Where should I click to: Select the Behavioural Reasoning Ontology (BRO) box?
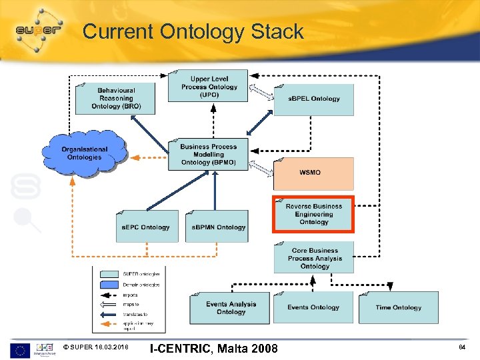(x=115, y=99)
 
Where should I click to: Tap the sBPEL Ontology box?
(x=313, y=99)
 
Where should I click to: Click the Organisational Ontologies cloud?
(x=84, y=153)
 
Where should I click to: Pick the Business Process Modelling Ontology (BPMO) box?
(x=208, y=155)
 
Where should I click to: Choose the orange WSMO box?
(x=313, y=173)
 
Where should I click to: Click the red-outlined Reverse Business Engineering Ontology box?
(x=313, y=214)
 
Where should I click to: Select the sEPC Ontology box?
(x=147, y=227)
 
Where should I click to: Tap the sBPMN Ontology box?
(x=217, y=227)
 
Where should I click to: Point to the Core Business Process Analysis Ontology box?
(x=314, y=258)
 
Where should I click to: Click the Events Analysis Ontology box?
(x=230, y=307)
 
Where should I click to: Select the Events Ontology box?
(x=313, y=307)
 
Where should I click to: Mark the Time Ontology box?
(x=398, y=307)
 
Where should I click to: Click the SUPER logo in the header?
(x=38, y=30)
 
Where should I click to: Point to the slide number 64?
(x=461, y=347)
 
